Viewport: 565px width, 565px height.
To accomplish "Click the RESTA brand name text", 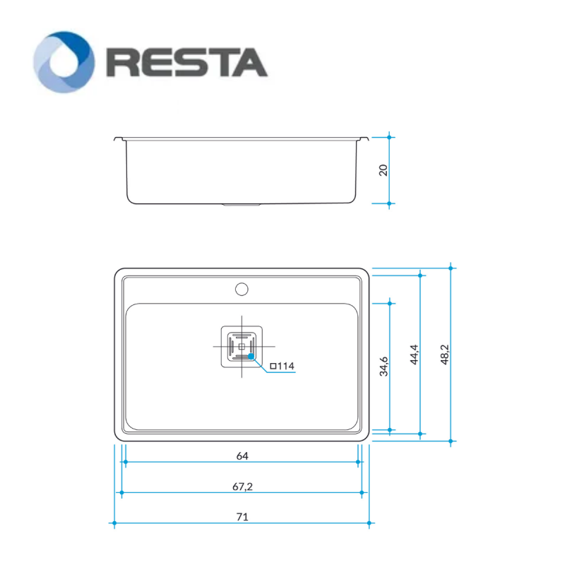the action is tap(187, 63).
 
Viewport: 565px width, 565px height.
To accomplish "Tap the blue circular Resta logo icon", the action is tap(64, 62).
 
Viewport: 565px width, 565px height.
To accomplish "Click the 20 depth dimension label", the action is tap(383, 170).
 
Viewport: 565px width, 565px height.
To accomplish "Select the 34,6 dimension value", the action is tap(383, 367).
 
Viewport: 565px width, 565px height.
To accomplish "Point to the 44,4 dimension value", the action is tap(414, 355).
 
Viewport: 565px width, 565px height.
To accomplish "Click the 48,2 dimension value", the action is tap(445, 355).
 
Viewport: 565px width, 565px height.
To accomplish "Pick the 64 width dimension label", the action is tap(242, 456).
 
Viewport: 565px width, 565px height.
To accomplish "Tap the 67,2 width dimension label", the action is tap(242, 487).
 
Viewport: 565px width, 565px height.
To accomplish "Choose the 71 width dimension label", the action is tap(242, 517).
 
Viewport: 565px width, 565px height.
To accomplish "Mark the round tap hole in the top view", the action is tap(242, 290).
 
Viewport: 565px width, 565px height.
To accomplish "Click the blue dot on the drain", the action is tap(251, 357).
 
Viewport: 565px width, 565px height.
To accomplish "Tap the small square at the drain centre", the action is tap(242, 347).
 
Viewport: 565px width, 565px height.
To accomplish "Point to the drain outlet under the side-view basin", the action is tap(242, 205).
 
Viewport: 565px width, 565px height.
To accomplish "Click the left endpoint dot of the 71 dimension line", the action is tap(114, 523).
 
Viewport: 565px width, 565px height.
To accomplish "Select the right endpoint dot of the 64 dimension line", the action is tap(358, 462).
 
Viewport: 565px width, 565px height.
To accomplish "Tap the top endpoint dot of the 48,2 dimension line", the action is tap(451, 268).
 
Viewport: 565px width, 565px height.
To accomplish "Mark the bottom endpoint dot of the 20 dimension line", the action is tap(389, 203).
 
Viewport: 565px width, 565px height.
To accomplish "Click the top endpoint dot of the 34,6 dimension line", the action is tap(390, 304).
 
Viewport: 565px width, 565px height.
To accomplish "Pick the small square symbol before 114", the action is tap(273, 367).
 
